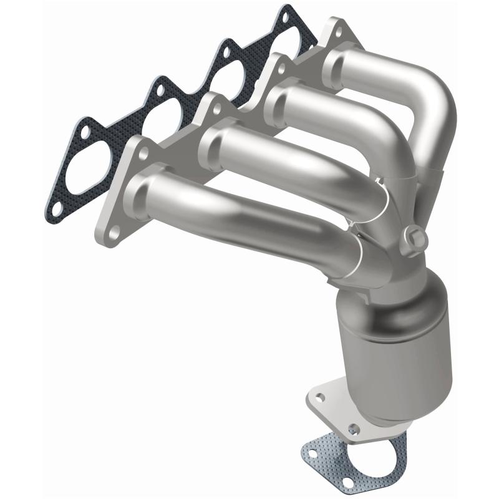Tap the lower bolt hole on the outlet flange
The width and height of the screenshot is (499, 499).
coord(354,429)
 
